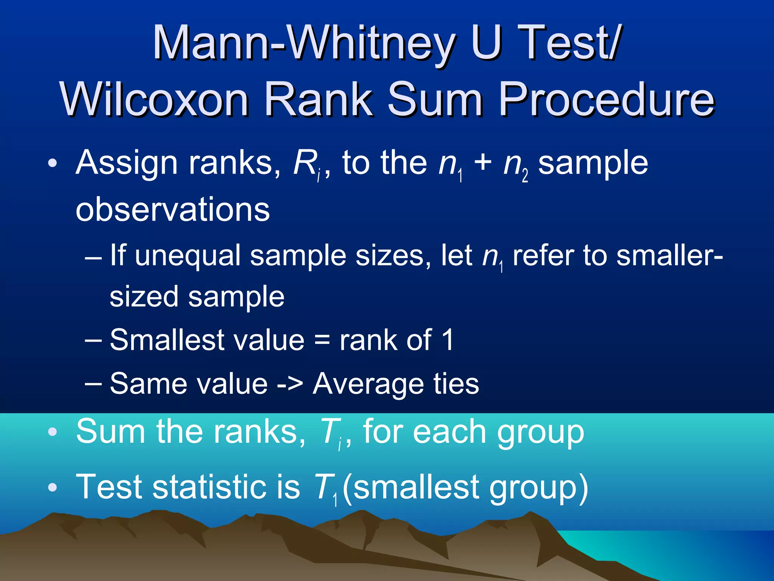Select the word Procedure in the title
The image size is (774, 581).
click(607, 100)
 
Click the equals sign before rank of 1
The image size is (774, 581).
click(322, 340)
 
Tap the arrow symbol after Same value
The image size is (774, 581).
click(290, 384)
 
